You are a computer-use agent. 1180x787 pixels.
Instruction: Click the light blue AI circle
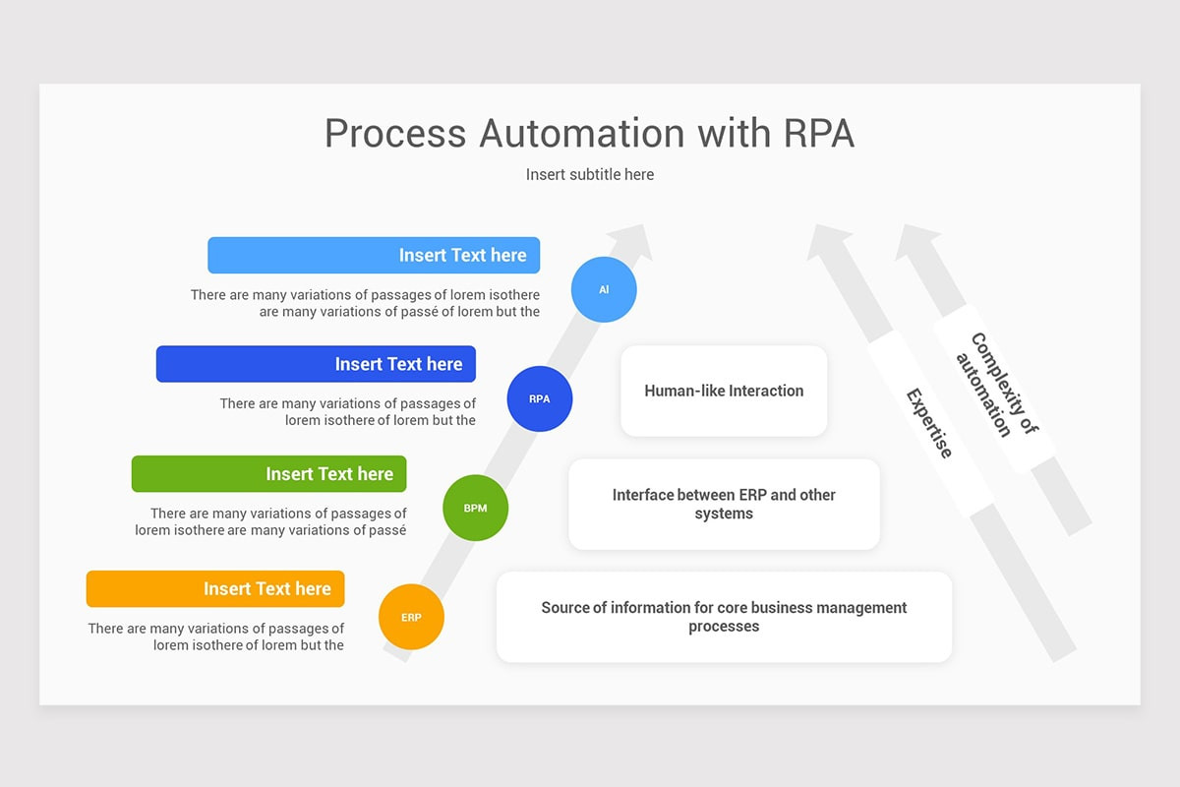pyautogui.click(x=604, y=289)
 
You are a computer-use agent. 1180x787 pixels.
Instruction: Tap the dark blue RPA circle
pyautogui.click(x=540, y=399)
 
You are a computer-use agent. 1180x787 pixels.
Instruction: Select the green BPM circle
pyautogui.click(x=475, y=508)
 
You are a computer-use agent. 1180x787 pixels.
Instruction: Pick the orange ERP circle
pyautogui.click(x=411, y=617)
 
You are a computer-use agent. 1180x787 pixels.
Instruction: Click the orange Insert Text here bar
pyautogui.click(x=215, y=588)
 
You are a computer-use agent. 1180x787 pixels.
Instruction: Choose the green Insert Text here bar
pyautogui.click(x=269, y=474)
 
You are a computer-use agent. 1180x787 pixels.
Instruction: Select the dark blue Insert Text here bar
pyautogui.click(x=316, y=364)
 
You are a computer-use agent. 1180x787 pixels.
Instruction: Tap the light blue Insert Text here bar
pyautogui.click(x=374, y=255)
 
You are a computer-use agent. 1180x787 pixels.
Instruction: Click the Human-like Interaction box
pyautogui.click(x=724, y=391)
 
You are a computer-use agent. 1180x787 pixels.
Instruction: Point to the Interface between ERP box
pyautogui.click(x=724, y=504)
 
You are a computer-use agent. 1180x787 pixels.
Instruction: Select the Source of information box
pyautogui.click(x=724, y=617)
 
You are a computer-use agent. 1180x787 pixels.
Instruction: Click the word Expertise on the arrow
pyautogui.click(x=930, y=423)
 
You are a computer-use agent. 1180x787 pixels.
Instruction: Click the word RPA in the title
pyautogui.click(x=818, y=133)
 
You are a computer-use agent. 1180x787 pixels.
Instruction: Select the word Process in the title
pyautogui.click(x=395, y=133)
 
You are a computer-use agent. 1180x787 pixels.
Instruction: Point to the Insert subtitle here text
pyautogui.click(x=590, y=174)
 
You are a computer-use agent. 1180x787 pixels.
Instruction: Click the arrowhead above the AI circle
pyautogui.click(x=632, y=240)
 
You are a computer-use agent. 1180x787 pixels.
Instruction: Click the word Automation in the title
pyautogui.click(x=582, y=133)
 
